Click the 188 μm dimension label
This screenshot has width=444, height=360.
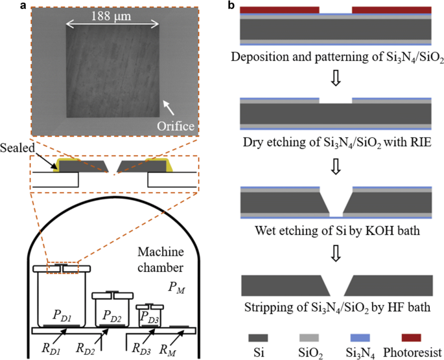113,15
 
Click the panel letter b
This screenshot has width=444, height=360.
231,5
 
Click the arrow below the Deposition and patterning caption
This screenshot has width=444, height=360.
335,77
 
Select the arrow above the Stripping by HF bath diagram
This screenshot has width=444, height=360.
335,257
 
